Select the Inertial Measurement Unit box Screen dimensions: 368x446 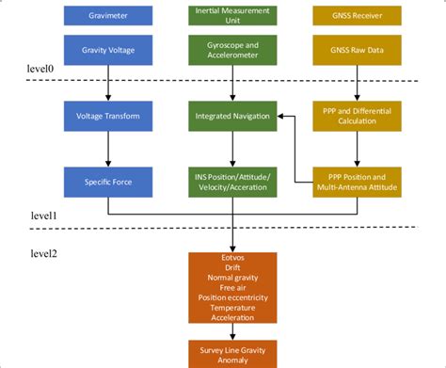(x=231, y=15)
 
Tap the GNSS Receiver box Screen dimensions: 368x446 (x=357, y=15)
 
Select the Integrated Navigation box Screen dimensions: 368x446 (x=231, y=116)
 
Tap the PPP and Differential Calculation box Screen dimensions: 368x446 (x=357, y=116)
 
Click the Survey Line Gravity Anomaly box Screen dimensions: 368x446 (x=232, y=352)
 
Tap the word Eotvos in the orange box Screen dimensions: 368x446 (x=232, y=257)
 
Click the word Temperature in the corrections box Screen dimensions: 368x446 (x=232, y=307)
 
